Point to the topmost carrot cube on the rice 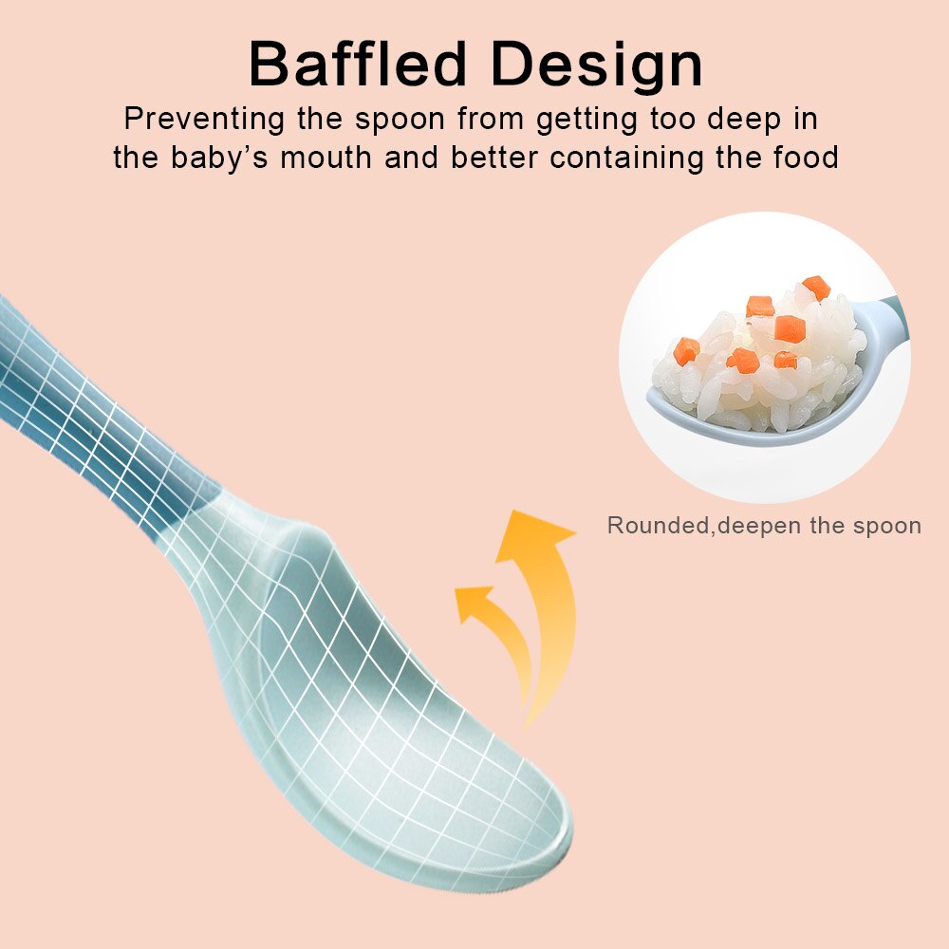pyautogui.click(x=816, y=287)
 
